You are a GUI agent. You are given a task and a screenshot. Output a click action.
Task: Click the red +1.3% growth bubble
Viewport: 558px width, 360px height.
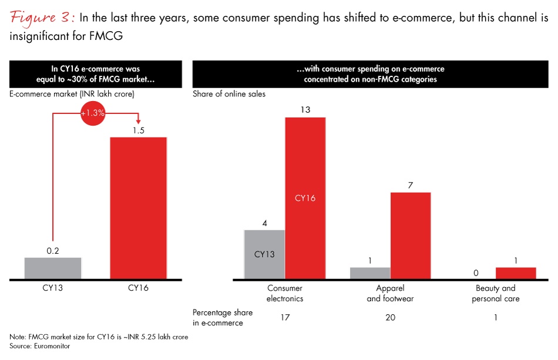pos(93,114)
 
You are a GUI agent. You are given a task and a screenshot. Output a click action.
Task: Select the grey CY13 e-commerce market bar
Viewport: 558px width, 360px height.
pos(53,268)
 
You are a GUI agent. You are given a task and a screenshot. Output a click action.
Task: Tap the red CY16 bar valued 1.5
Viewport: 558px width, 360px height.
pos(139,208)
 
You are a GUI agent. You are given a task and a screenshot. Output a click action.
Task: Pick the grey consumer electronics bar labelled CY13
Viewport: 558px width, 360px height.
pos(264,254)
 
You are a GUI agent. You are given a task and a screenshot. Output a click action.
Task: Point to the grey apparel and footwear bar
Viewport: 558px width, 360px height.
pos(370,273)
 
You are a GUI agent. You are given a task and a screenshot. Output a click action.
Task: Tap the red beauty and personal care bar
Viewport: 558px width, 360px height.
pos(516,273)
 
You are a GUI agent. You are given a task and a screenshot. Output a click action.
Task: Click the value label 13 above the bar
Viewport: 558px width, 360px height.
pos(305,110)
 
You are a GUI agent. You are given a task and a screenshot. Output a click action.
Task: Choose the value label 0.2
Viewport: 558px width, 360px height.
pos(53,251)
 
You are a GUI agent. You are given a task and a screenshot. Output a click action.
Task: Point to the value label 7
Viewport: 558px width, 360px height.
pos(411,185)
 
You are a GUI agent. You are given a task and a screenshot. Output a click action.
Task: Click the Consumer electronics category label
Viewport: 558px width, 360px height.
pos(285,293)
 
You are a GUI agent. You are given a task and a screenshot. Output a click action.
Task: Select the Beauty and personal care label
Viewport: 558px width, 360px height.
pos(496,293)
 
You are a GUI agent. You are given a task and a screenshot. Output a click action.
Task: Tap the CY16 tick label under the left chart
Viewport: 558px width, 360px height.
pos(139,288)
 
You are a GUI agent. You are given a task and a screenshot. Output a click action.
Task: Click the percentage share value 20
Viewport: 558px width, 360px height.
pos(390,318)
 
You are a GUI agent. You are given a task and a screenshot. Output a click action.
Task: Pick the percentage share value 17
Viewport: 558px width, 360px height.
pos(285,318)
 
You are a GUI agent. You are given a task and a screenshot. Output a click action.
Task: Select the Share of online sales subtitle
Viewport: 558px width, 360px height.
pos(228,93)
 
